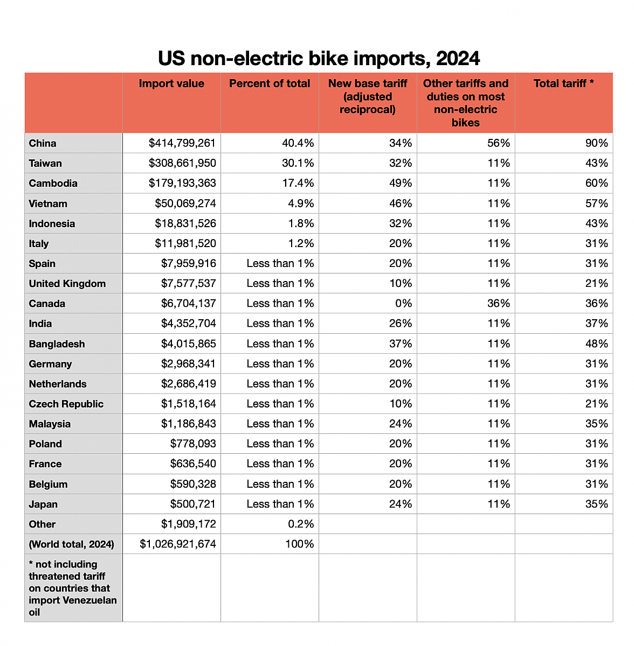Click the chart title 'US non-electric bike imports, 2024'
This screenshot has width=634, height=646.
[319, 58]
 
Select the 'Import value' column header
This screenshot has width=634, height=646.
[171, 83]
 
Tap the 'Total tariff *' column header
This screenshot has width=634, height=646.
[563, 83]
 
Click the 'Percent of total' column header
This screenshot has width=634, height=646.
[270, 83]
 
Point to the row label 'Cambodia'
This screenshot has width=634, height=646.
[53, 184]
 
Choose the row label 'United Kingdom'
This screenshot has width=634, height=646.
[67, 284]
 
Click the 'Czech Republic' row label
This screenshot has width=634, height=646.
[66, 404]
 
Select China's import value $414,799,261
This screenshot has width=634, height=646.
[182, 143]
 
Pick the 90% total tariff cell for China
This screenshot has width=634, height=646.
[597, 143]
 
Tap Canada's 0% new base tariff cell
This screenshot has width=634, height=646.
[403, 304]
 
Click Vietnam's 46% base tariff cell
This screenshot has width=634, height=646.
[401, 203]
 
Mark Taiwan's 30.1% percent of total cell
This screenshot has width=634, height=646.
[298, 163]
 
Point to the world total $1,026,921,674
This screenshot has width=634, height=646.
[178, 544]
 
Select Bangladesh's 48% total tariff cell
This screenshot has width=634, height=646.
[597, 343]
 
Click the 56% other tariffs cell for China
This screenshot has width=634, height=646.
[499, 143]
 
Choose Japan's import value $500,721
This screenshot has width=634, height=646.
[193, 504]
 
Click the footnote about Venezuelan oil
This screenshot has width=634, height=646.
[73, 588]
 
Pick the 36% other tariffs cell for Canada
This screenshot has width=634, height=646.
[499, 304]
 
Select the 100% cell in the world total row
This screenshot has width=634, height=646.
[299, 544]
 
